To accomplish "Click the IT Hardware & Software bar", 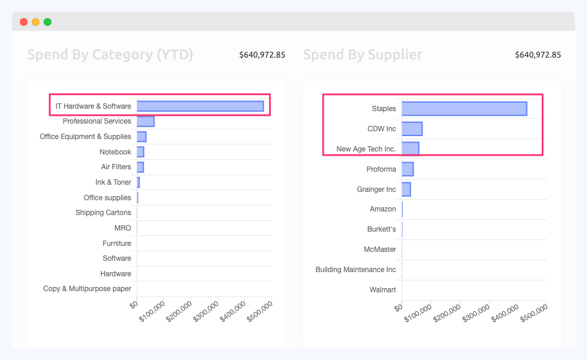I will tap(200, 106).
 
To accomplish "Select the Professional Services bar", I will tap(146, 121).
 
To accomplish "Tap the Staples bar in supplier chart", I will tap(464, 109).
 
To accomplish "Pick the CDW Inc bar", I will tap(412, 129).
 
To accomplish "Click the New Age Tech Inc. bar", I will tap(410, 149).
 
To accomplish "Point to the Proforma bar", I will tap(408, 169).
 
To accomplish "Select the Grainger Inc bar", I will tap(406, 190).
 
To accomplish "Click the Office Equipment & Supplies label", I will tap(86, 137).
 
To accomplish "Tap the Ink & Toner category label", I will tap(113, 182).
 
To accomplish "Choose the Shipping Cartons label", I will tap(103, 213).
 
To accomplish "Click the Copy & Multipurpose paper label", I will tap(87, 289).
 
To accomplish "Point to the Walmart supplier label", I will tap(383, 290).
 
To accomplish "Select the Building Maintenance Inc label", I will tap(356, 270).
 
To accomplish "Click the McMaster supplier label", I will tap(380, 250).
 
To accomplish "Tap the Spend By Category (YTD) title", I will tap(110, 55).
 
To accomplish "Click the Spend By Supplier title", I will tap(363, 55).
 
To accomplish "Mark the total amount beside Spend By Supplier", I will tap(538, 55).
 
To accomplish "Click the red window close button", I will tap(24, 22).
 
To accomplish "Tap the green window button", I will tap(48, 22).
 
